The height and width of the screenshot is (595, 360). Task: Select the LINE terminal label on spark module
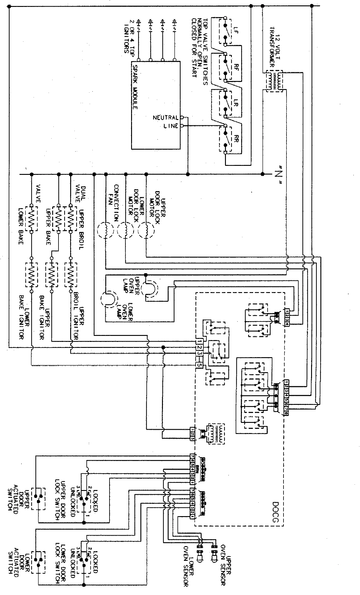tap(171, 126)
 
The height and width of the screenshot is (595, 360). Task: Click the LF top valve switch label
tap(235, 30)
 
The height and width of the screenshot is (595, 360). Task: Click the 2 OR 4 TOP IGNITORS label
tap(129, 36)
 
